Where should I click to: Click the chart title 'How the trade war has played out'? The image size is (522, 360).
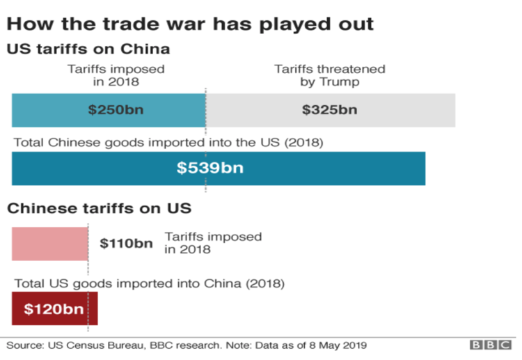190,24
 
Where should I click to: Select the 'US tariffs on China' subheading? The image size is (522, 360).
88,50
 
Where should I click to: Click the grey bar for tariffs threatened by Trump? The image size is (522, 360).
390,109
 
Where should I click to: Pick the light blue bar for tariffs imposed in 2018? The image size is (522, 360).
49,109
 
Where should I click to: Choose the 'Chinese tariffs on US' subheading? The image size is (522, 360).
99,208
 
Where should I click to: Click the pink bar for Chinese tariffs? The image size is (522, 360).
49,243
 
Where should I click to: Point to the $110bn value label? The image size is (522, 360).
126,244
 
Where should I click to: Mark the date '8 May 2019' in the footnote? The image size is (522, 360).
338,345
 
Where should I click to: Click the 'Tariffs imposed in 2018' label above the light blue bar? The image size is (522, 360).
116,75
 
